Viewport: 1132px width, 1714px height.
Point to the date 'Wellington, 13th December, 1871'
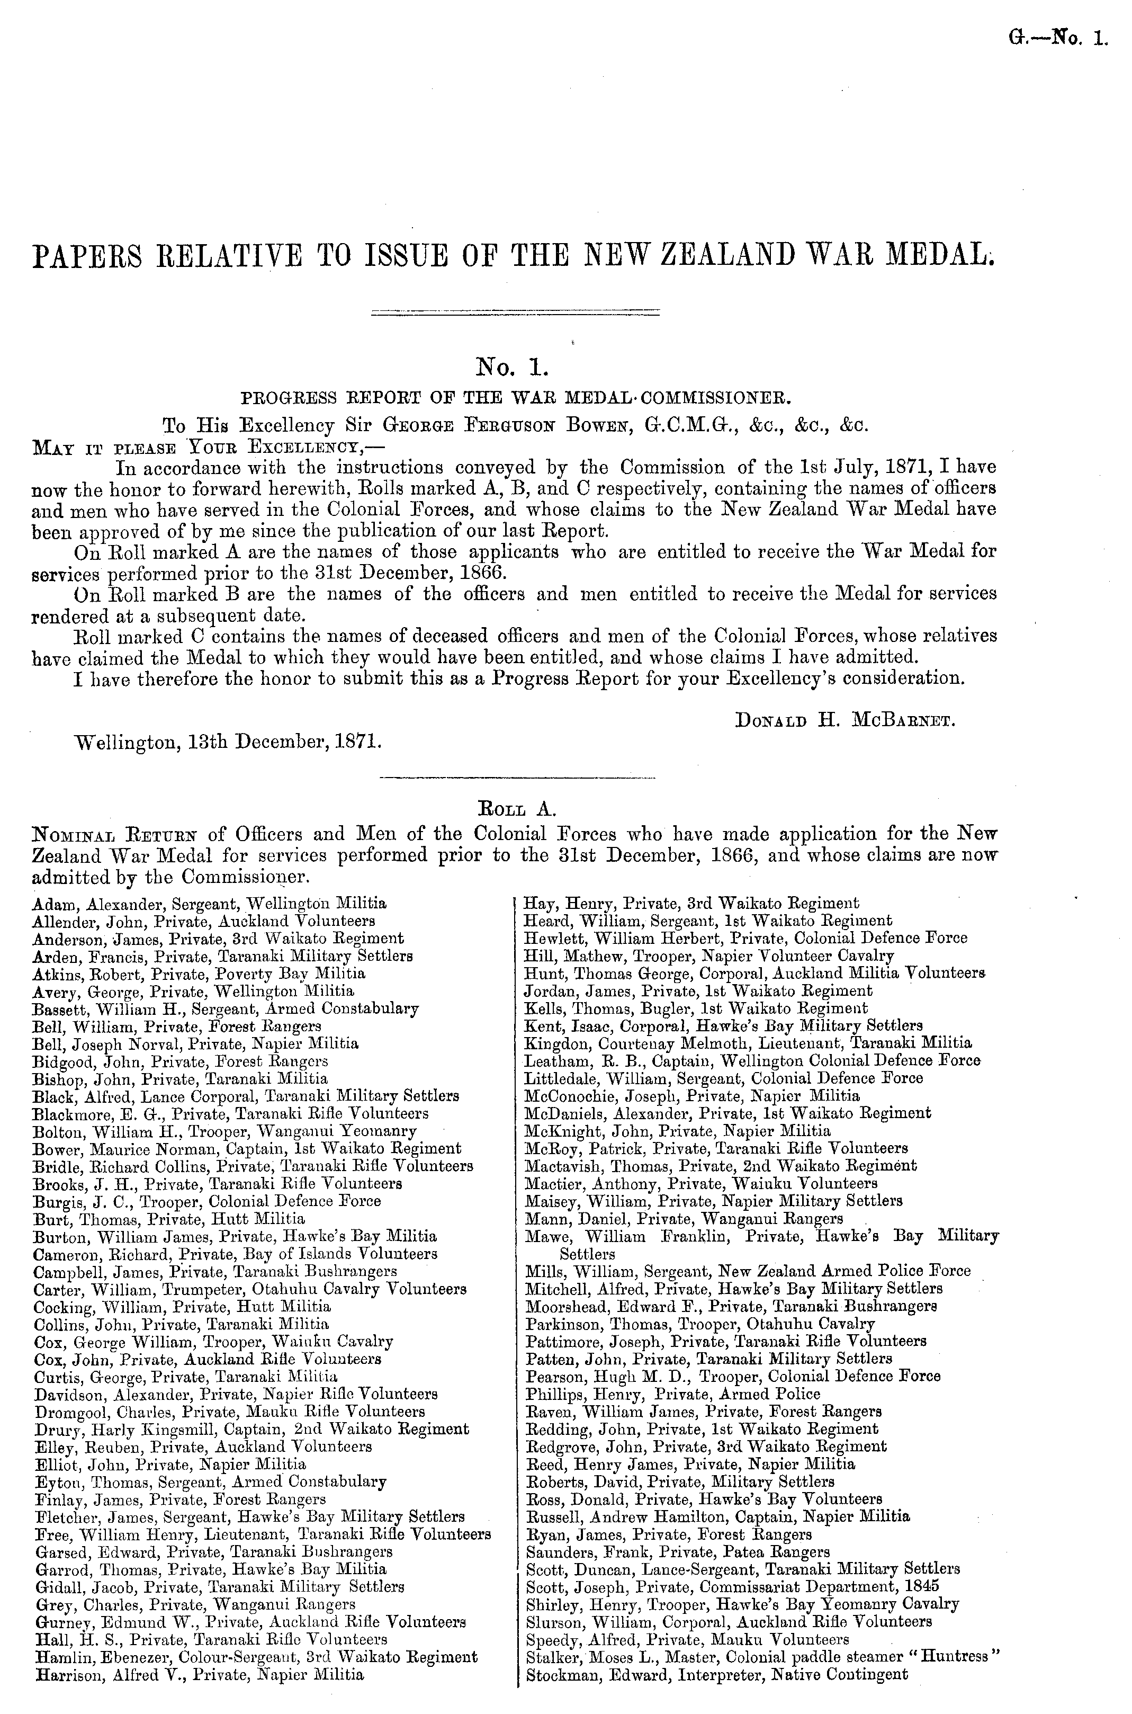(x=228, y=741)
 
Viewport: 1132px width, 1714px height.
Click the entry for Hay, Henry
(x=691, y=903)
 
